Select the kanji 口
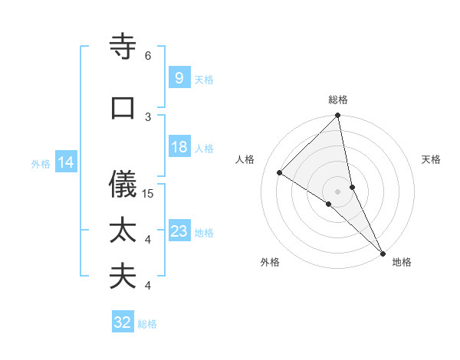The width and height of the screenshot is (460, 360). coord(123,107)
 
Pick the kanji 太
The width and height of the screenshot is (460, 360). coord(123,231)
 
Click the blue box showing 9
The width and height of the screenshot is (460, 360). coord(179,78)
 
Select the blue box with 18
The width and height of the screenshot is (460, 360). coord(179,147)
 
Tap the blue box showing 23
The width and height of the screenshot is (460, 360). coord(179,231)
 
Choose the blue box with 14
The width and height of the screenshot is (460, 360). coord(65,162)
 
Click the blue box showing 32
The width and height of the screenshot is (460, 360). coord(123,322)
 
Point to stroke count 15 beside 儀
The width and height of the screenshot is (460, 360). coord(149,194)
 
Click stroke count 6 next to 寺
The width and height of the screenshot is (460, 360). coord(148,56)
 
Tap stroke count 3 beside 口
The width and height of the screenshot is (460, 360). coord(148,116)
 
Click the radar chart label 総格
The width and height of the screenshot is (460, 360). coord(338,100)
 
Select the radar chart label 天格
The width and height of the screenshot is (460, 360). coord(432,159)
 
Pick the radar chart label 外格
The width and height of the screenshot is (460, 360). coord(270,262)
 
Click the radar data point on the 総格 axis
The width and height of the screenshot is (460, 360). coord(338,116)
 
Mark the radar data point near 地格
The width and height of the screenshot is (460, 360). coord(382,252)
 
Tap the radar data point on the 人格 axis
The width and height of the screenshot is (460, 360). coord(280,173)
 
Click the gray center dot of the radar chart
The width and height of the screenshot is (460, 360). coord(338,191)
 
